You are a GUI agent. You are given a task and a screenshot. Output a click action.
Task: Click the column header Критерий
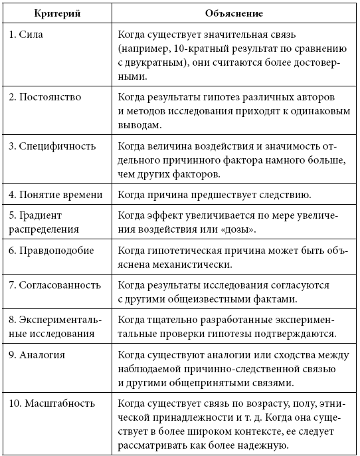click(x=56, y=12)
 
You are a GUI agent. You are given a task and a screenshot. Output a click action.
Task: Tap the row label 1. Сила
click(x=31, y=33)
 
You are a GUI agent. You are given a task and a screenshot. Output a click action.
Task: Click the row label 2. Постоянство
click(x=46, y=97)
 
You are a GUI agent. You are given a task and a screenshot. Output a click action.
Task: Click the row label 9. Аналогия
click(x=38, y=354)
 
